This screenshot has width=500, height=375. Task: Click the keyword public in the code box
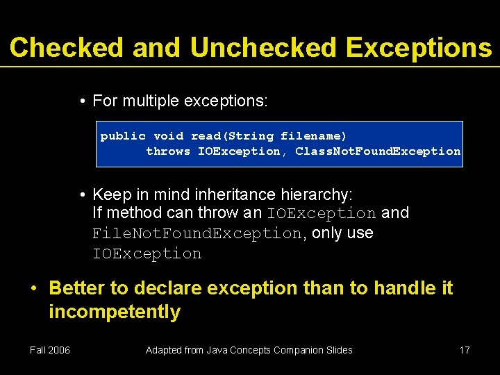point(123,136)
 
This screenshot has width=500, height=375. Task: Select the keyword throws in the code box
point(168,151)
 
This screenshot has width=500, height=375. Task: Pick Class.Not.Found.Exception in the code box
point(378,151)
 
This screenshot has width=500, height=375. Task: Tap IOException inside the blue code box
point(239,151)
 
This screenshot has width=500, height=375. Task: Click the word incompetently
point(115,312)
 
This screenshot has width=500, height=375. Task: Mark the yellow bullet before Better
point(34,287)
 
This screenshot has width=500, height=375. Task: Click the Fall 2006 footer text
point(50,350)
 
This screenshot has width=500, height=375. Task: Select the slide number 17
point(465,350)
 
